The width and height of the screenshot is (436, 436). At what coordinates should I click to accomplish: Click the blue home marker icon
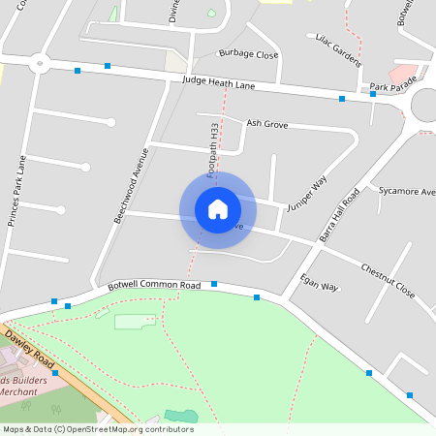click(218, 208)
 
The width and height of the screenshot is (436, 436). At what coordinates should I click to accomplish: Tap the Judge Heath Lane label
click(218, 83)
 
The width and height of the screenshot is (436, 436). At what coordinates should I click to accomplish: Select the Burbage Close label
click(248, 54)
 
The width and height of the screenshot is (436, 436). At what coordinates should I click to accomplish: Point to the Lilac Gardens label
click(339, 49)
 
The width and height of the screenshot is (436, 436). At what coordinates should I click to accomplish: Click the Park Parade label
click(391, 89)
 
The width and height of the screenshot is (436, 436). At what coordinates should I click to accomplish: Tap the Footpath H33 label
click(212, 150)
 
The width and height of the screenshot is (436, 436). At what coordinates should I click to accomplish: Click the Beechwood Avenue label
click(131, 185)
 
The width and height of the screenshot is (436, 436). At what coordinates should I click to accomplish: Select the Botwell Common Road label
click(154, 286)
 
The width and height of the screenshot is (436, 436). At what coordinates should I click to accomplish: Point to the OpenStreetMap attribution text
click(98, 429)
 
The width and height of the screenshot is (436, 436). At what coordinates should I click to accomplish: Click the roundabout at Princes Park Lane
click(40, 65)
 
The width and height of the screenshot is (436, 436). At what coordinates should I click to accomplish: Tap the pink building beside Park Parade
click(403, 74)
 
